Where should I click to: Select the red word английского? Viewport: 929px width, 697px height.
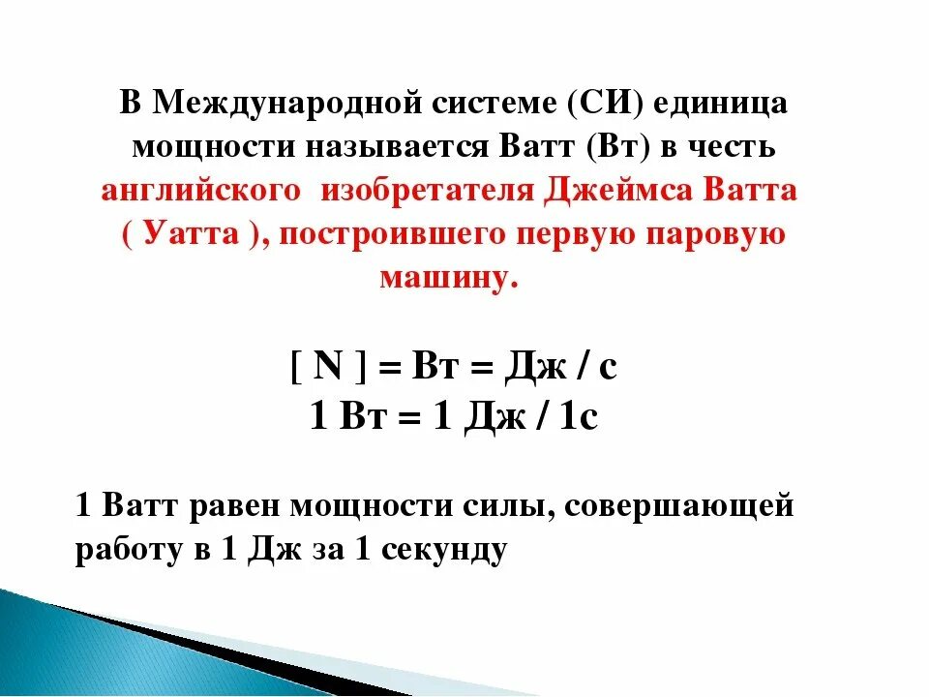[x=200, y=191]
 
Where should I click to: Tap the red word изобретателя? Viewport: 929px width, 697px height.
[x=427, y=191]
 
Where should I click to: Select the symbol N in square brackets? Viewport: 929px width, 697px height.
[x=330, y=368]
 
